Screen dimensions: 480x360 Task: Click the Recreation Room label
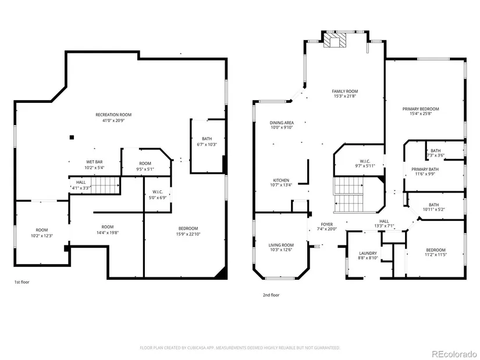[x=113, y=115]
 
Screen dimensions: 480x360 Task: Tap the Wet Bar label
[x=94, y=162]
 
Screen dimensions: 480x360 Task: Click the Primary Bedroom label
[x=421, y=109]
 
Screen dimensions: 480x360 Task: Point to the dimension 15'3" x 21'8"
[x=345, y=96]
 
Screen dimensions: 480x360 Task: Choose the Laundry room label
[x=368, y=253]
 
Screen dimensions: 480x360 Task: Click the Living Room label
[x=281, y=245]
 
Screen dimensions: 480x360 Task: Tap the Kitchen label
[x=281, y=180]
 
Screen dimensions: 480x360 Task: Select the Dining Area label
[x=282, y=123]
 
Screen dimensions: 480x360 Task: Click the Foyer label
[x=327, y=224]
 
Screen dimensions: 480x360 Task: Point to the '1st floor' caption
[x=22, y=282]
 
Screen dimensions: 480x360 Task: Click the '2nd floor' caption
[x=271, y=295]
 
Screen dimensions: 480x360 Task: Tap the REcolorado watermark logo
[x=454, y=354]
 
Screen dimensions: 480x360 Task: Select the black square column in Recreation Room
[x=72, y=137]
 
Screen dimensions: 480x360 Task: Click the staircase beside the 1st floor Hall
[x=105, y=185]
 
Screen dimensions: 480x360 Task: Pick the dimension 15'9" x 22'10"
[x=189, y=234]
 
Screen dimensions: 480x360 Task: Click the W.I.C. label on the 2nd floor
[x=365, y=161]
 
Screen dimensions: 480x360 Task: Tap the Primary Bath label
[x=425, y=169]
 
